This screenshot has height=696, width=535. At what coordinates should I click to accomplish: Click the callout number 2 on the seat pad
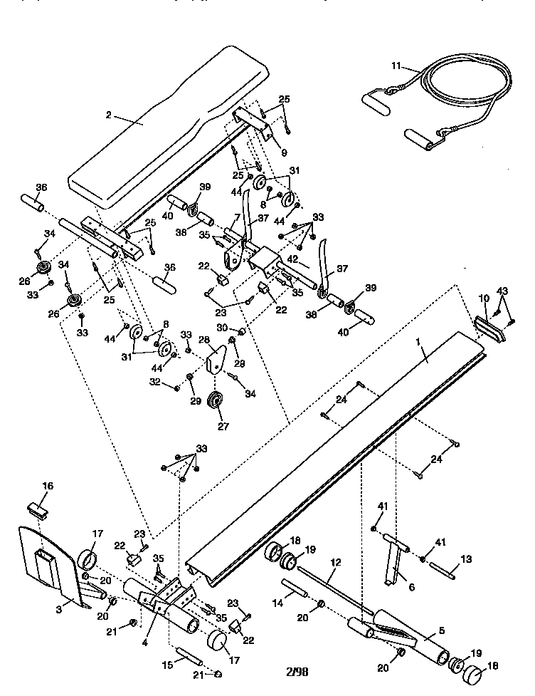pyautogui.click(x=110, y=115)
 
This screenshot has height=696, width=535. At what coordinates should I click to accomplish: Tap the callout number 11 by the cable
pyautogui.click(x=396, y=66)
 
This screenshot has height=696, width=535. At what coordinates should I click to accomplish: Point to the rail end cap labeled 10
pyautogui.click(x=490, y=326)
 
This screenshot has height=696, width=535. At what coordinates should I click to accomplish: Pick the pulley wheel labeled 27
pyautogui.click(x=215, y=403)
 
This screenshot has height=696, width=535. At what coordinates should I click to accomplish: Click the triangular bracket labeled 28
pyautogui.click(x=216, y=360)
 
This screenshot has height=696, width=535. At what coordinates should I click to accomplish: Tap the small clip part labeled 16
pyautogui.click(x=38, y=510)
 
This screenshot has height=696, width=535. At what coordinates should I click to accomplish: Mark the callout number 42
pyautogui.click(x=292, y=259)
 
